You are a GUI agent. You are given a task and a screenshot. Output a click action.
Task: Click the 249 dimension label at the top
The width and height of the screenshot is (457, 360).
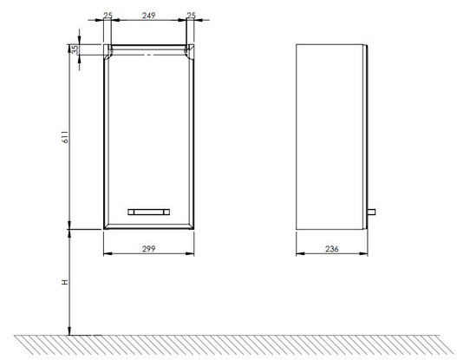pyautogui.click(x=148, y=15)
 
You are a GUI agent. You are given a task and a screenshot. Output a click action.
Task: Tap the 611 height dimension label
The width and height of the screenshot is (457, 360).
pyautogui.click(x=66, y=137)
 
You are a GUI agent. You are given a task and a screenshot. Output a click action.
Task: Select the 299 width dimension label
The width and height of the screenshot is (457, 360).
pyautogui.click(x=148, y=249)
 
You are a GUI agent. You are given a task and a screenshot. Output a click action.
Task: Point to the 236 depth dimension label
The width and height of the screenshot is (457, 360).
pyautogui.click(x=332, y=249)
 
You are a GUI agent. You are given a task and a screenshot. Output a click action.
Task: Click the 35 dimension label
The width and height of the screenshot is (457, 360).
pyautogui.click(x=75, y=49)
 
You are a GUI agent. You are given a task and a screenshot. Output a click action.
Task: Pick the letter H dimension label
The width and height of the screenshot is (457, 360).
pyautogui.click(x=65, y=282)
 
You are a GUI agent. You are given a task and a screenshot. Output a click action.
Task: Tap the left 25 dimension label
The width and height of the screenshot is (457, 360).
pyautogui.click(x=108, y=15)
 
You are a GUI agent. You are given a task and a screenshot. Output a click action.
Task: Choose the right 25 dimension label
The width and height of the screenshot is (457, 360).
pyautogui.click(x=191, y=15)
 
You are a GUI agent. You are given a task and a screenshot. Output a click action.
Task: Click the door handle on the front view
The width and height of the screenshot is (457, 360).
pyautogui.click(x=148, y=212)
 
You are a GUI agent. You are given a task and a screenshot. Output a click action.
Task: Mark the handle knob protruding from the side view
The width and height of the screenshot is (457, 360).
pyautogui.click(x=371, y=212)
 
